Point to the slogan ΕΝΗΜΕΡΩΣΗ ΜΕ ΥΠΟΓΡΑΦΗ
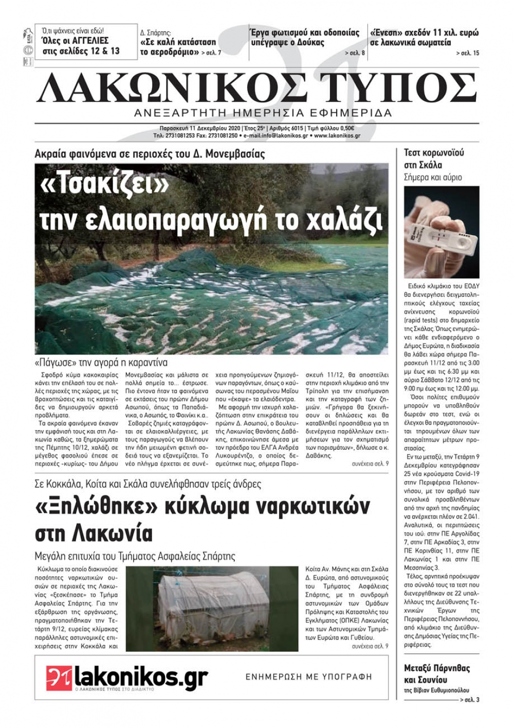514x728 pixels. (x=308, y=677)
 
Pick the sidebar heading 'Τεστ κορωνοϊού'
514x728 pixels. (x=434, y=153)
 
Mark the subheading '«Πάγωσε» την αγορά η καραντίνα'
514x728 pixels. (x=101, y=362)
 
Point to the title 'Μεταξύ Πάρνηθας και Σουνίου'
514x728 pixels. (x=437, y=673)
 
